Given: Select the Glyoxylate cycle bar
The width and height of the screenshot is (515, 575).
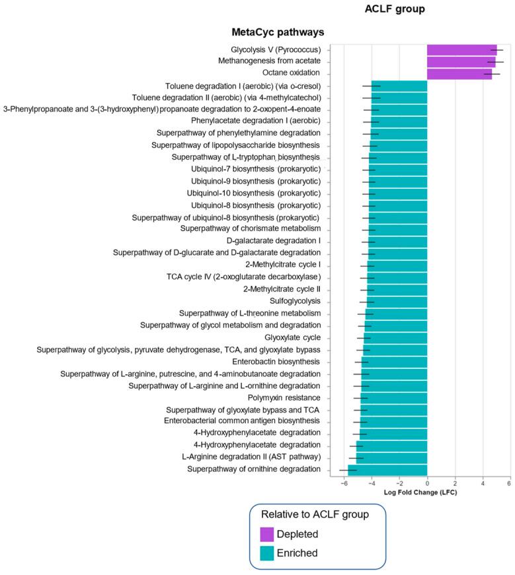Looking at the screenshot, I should click(x=395, y=337).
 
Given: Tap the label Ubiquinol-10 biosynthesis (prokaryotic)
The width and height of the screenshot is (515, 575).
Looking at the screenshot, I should click(x=256, y=193).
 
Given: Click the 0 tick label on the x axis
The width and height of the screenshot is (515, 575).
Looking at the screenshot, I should click(x=427, y=484).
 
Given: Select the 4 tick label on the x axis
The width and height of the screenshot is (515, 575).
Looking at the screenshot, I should click(x=482, y=484).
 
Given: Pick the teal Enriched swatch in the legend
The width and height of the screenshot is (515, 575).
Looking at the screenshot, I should click(x=267, y=553).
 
